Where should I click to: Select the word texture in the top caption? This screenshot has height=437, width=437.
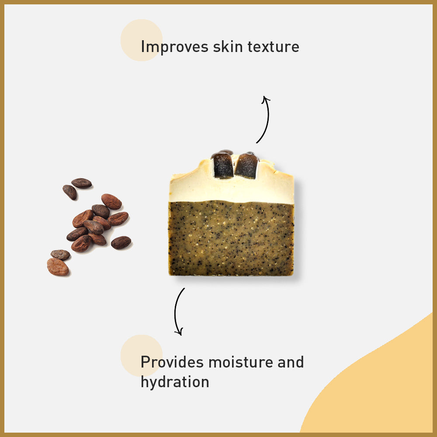coord(274,47)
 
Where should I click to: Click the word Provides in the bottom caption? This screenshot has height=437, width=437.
coord(172,362)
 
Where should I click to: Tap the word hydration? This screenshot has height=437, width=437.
coord(175,382)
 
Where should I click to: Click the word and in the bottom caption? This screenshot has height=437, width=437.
coord(290,362)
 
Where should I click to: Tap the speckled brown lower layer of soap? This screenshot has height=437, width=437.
coord(232,238)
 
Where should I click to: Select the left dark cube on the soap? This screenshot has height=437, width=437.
coord(222,165)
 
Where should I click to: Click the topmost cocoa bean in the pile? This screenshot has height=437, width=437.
coord(82,183)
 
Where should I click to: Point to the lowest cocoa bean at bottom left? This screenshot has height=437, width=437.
coord(58,267)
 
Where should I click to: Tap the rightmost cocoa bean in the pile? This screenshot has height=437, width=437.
coord(121,242)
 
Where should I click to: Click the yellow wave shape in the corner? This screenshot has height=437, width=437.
coord(385,385)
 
